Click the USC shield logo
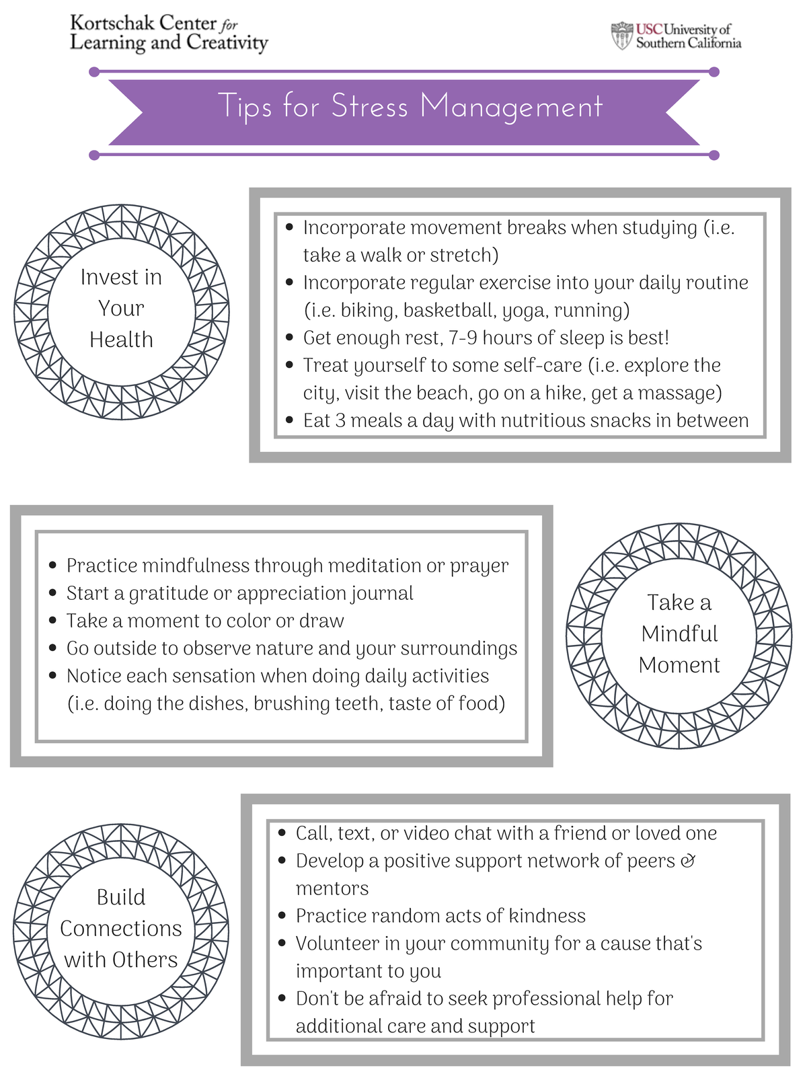point(622,35)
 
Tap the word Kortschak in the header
point(112,23)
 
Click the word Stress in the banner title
point(369,106)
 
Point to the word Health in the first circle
point(122,339)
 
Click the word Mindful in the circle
point(679,633)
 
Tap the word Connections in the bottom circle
point(121,928)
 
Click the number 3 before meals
point(340,420)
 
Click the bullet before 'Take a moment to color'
point(53,621)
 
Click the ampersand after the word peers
point(688,861)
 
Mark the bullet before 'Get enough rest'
point(290,338)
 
